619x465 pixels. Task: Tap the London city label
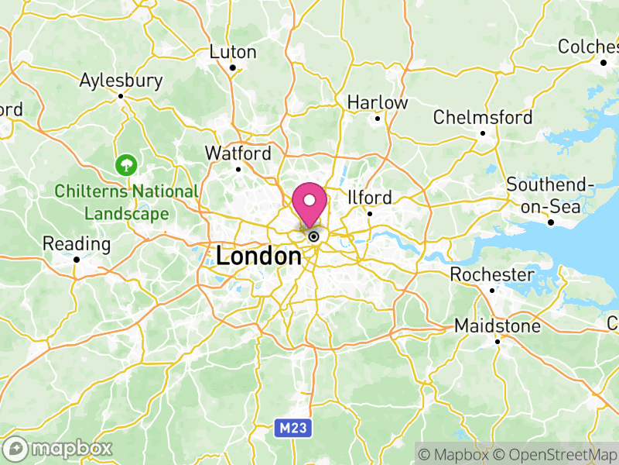coord(258,256)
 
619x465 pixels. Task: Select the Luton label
coord(233,52)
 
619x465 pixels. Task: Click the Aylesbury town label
coord(121,80)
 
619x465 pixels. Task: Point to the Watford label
coord(238,153)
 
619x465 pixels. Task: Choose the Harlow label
coord(377,102)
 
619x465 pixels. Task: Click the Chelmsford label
coord(483,117)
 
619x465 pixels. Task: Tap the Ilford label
coord(370,197)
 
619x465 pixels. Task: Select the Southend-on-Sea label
coord(550,196)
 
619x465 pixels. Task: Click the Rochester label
coord(492,274)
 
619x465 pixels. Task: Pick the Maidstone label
coord(498,325)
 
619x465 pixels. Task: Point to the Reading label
coord(77,244)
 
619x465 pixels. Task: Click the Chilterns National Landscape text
coord(126,201)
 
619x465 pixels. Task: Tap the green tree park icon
coord(125,164)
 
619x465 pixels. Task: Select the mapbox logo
coord(59,448)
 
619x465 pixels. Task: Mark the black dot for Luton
coord(233,67)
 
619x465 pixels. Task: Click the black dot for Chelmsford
coord(483,133)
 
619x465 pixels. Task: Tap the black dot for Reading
coord(77,260)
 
